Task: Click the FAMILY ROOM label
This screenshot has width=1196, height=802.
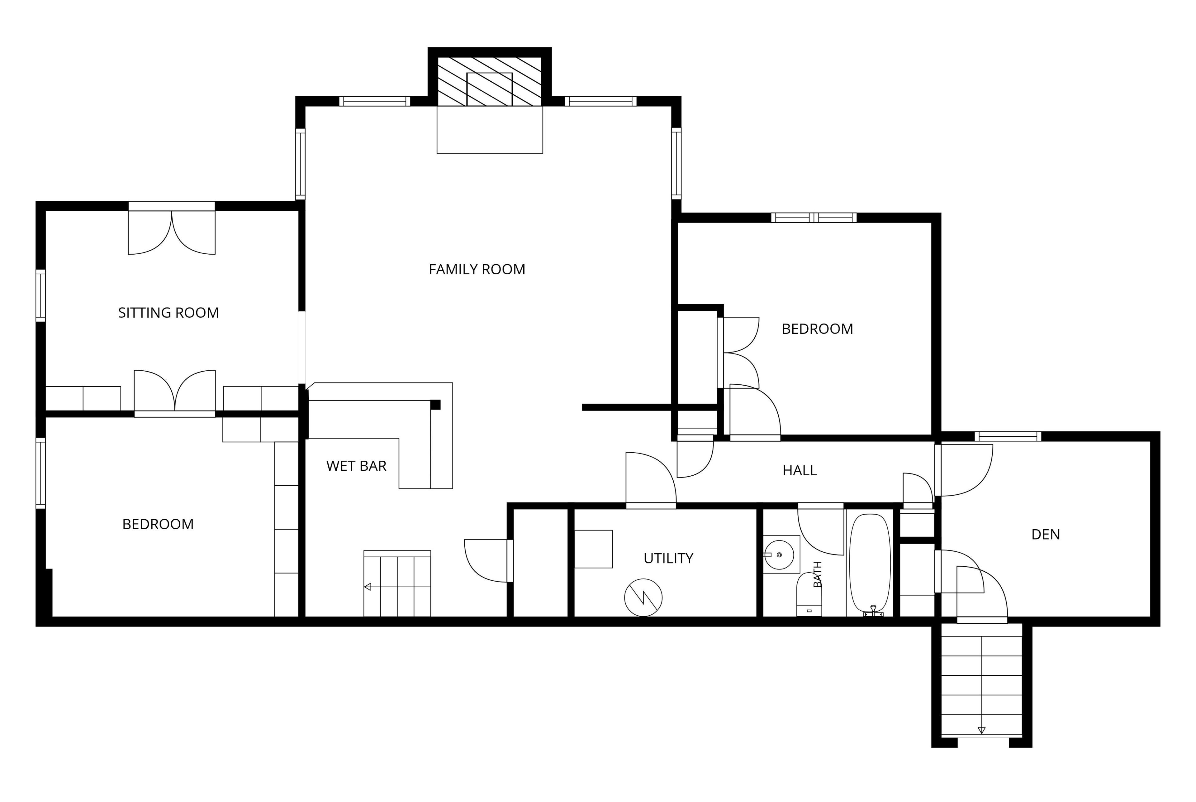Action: coord(477,270)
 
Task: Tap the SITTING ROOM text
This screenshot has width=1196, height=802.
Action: coord(169,313)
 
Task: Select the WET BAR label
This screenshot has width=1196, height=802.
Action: coord(356,466)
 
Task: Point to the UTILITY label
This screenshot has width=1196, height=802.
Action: coord(668,559)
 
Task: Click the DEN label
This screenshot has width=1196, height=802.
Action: coord(1046,535)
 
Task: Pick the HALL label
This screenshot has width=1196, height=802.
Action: coord(800,471)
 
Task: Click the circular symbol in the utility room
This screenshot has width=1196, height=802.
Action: coord(643,598)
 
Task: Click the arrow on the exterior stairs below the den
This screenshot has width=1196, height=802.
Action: coord(981,730)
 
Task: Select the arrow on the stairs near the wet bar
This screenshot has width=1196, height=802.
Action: coord(368,587)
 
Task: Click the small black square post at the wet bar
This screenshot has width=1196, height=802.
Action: coord(435,405)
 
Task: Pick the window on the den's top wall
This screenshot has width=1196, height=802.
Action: coord(1008,436)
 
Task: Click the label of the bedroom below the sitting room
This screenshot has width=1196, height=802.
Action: coord(158,524)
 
